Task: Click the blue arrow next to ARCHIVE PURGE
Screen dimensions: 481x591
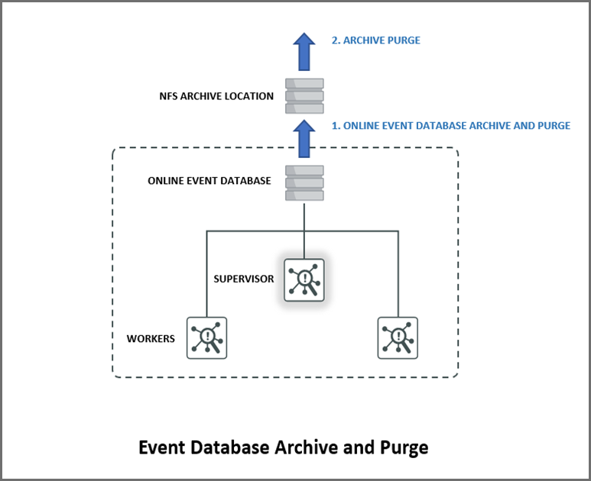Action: point(304,52)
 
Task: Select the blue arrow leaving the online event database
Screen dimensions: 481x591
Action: point(304,138)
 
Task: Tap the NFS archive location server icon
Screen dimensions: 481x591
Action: point(304,96)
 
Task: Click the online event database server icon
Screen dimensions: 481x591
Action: point(304,183)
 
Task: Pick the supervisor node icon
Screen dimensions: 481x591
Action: point(304,279)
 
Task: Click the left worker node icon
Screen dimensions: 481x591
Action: point(206,337)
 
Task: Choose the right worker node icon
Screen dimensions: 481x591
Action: point(398,337)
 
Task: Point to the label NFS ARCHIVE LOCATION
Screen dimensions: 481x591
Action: point(216,96)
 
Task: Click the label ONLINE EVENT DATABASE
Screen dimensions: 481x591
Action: point(209,181)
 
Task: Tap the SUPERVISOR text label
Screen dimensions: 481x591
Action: point(244,279)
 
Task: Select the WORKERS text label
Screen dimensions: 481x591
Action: point(151,337)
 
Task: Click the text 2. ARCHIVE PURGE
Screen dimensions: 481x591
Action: point(375,40)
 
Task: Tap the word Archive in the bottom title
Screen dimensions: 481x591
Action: point(312,447)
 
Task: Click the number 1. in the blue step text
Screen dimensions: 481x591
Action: point(336,126)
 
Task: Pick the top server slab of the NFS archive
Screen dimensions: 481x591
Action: point(304,83)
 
